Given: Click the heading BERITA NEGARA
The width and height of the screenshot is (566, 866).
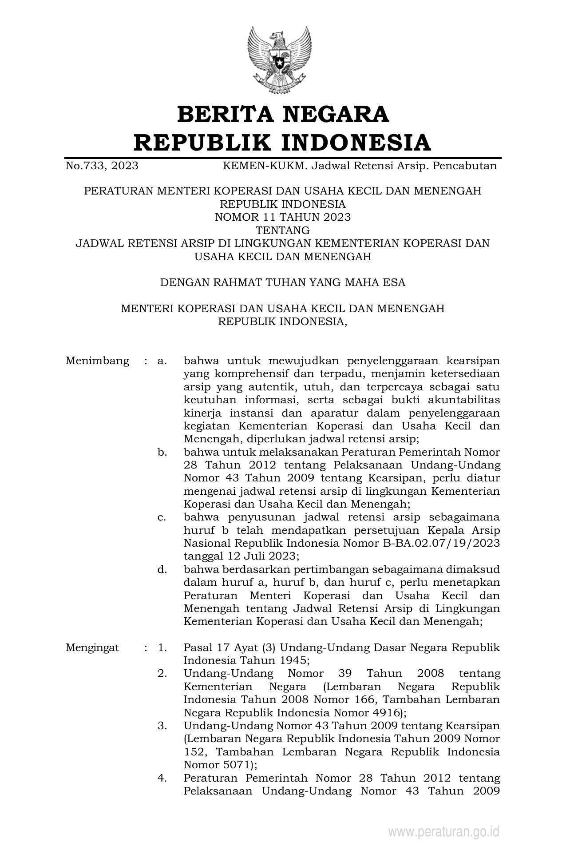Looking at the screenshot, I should (x=283, y=115).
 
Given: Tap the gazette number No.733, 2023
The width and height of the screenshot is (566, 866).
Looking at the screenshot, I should (x=102, y=166).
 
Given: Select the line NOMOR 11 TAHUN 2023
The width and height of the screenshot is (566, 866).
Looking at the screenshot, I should (x=283, y=217).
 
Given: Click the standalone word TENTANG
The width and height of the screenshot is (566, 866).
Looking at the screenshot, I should (x=283, y=230).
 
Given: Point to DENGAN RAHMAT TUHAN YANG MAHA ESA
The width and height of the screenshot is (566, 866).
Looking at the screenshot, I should (x=283, y=282).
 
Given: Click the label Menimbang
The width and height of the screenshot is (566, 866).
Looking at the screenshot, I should (x=97, y=361).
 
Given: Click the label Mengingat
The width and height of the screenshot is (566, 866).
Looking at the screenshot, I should (x=92, y=648).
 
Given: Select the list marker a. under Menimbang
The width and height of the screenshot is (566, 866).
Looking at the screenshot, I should (x=162, y=361).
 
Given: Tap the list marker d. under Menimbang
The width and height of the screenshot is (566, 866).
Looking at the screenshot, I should (x=162, y=569).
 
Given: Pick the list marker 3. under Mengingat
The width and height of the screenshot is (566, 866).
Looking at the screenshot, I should (x=162, y=726).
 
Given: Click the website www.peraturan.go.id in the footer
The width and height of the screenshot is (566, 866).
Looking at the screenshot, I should (x=444, y=831).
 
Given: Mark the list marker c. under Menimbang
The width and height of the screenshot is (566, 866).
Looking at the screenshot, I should (x=162, y=517).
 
